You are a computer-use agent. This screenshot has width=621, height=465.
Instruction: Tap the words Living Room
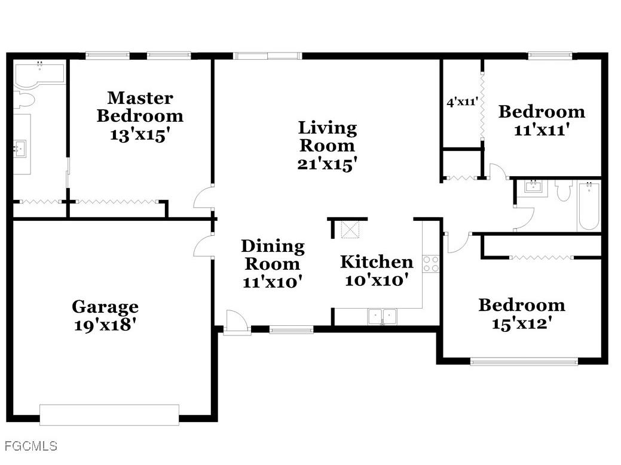pyautogui.click(x=327, y=136)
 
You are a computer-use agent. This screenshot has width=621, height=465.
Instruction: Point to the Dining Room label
pyautogui.click(x=273, y=255)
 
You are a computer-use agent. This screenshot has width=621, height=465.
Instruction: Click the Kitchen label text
pyautogui.click(x=377, y=261)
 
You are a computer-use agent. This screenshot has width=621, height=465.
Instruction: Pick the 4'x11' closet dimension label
pyautogui.click(x=462, y=102)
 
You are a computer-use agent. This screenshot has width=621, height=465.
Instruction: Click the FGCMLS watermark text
pyautogui.click(x=30, y=446)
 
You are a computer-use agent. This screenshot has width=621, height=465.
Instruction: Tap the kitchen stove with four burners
pyautogui.click(x=431, y=263)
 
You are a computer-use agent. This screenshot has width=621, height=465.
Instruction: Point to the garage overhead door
pyautogui.click(x=109, y=415)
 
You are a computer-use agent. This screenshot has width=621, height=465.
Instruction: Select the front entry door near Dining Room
pyautogui.click(x=236, y=324)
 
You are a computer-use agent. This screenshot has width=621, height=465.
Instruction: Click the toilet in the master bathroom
pyautogui.click(x=23, y=100)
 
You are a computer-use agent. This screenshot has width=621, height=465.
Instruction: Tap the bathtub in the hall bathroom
pyautogui.click(x=589, y=206)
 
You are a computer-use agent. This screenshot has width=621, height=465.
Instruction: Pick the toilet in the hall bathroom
pyautogui.click(x=564, y=190)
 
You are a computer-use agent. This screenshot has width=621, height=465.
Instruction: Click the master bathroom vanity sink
pyautogui.click(x=20, y=147)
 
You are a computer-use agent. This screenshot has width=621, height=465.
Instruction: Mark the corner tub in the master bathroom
pyautogui.click(x=38, y=73)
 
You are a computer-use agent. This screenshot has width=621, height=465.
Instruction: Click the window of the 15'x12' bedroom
pyautogui.click(x=524, y=361)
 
